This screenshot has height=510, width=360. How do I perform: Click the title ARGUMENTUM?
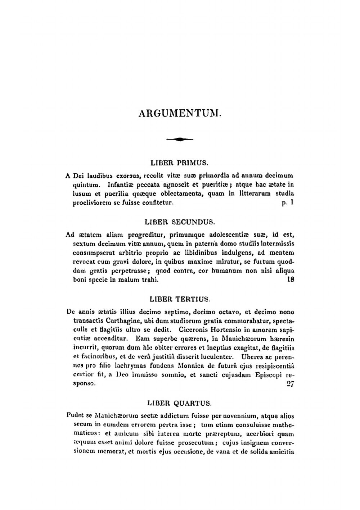click(x=180, y=113)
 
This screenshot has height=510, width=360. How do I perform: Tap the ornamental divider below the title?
click(x=180, y=139)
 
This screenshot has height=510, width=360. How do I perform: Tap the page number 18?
click(x=291, y=279)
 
